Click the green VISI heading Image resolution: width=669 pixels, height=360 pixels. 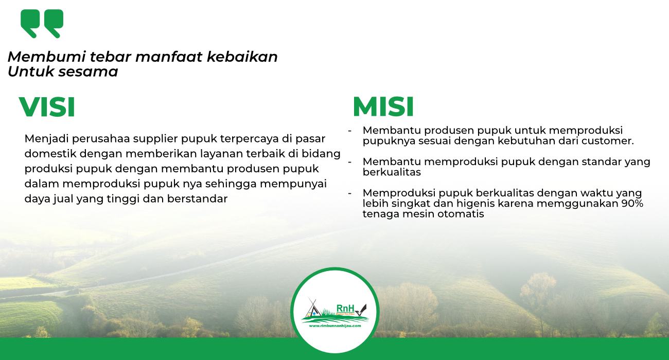tap(47, 107)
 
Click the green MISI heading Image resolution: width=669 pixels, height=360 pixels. tap(383, 106)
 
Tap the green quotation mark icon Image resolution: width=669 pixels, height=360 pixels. tap(42, 24)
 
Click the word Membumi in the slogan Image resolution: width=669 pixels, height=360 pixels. tap(47, 57)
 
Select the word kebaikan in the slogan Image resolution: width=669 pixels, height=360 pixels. tap(242, 57)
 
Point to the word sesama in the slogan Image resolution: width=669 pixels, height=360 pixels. tap(88, 72)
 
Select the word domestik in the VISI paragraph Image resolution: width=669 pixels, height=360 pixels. tap(50, 154)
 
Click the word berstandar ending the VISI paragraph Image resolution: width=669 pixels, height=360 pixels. tap(197, 199)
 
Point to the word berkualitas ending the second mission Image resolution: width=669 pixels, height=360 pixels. tap(392, 172)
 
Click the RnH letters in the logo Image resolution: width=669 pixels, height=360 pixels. tap(345, 309)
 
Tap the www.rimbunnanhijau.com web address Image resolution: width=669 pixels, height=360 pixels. tap(335, 326)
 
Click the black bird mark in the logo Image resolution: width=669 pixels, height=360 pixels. tap(361, 310)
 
